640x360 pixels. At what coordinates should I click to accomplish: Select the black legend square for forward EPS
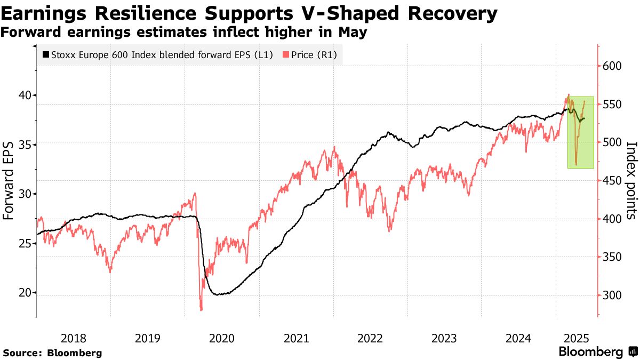pos(45,54)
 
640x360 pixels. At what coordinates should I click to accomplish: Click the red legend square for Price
pos(286,54)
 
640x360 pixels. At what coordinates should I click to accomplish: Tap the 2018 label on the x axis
pos(73,338)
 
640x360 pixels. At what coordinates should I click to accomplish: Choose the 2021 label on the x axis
pos(296,338)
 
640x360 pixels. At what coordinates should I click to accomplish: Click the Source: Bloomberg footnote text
pos(52,353)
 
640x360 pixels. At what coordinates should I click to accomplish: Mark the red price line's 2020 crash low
pos(201,309)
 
